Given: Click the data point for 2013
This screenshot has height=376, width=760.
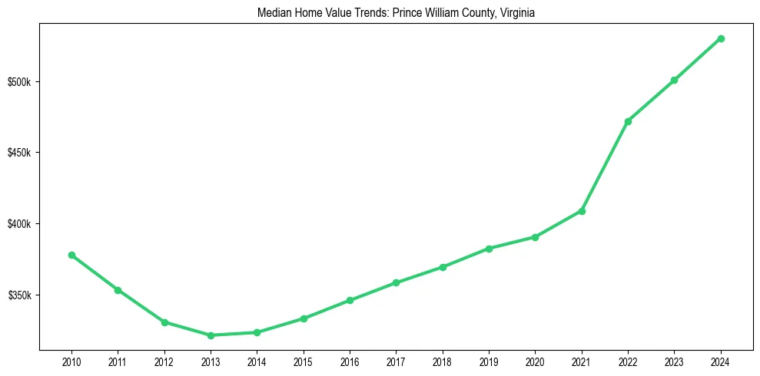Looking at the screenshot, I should tap(211, 335).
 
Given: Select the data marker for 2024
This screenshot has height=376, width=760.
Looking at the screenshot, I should tap(721, 38).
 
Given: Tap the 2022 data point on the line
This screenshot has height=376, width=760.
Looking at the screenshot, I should tap(628, 121).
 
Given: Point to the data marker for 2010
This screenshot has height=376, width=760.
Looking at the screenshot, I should tap(71, 255).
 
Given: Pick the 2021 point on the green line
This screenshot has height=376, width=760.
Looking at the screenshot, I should tap(582, 211).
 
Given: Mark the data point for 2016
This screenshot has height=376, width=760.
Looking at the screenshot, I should tap(350, 300).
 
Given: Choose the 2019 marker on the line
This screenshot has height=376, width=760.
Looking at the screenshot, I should tap(489, 249).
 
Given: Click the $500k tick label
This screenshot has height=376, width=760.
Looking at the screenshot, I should tap(19, 82).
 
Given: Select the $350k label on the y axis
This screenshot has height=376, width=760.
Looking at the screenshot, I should tap(19, 295).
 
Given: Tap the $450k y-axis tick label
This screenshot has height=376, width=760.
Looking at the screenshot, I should tap(19, 153).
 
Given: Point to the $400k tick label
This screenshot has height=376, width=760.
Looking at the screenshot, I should tap(19, 224).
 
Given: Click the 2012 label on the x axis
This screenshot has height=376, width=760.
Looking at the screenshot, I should tap(164, 361).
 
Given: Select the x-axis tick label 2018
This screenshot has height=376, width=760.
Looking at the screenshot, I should tap(443, 361).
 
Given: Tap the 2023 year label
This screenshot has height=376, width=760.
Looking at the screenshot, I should tap(674, 361).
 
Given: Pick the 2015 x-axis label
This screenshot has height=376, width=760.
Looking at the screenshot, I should tap(304, 361).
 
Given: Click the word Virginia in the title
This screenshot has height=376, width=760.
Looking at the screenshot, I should tap(516, 12).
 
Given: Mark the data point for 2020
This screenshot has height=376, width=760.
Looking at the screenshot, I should tap(535, 237).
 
